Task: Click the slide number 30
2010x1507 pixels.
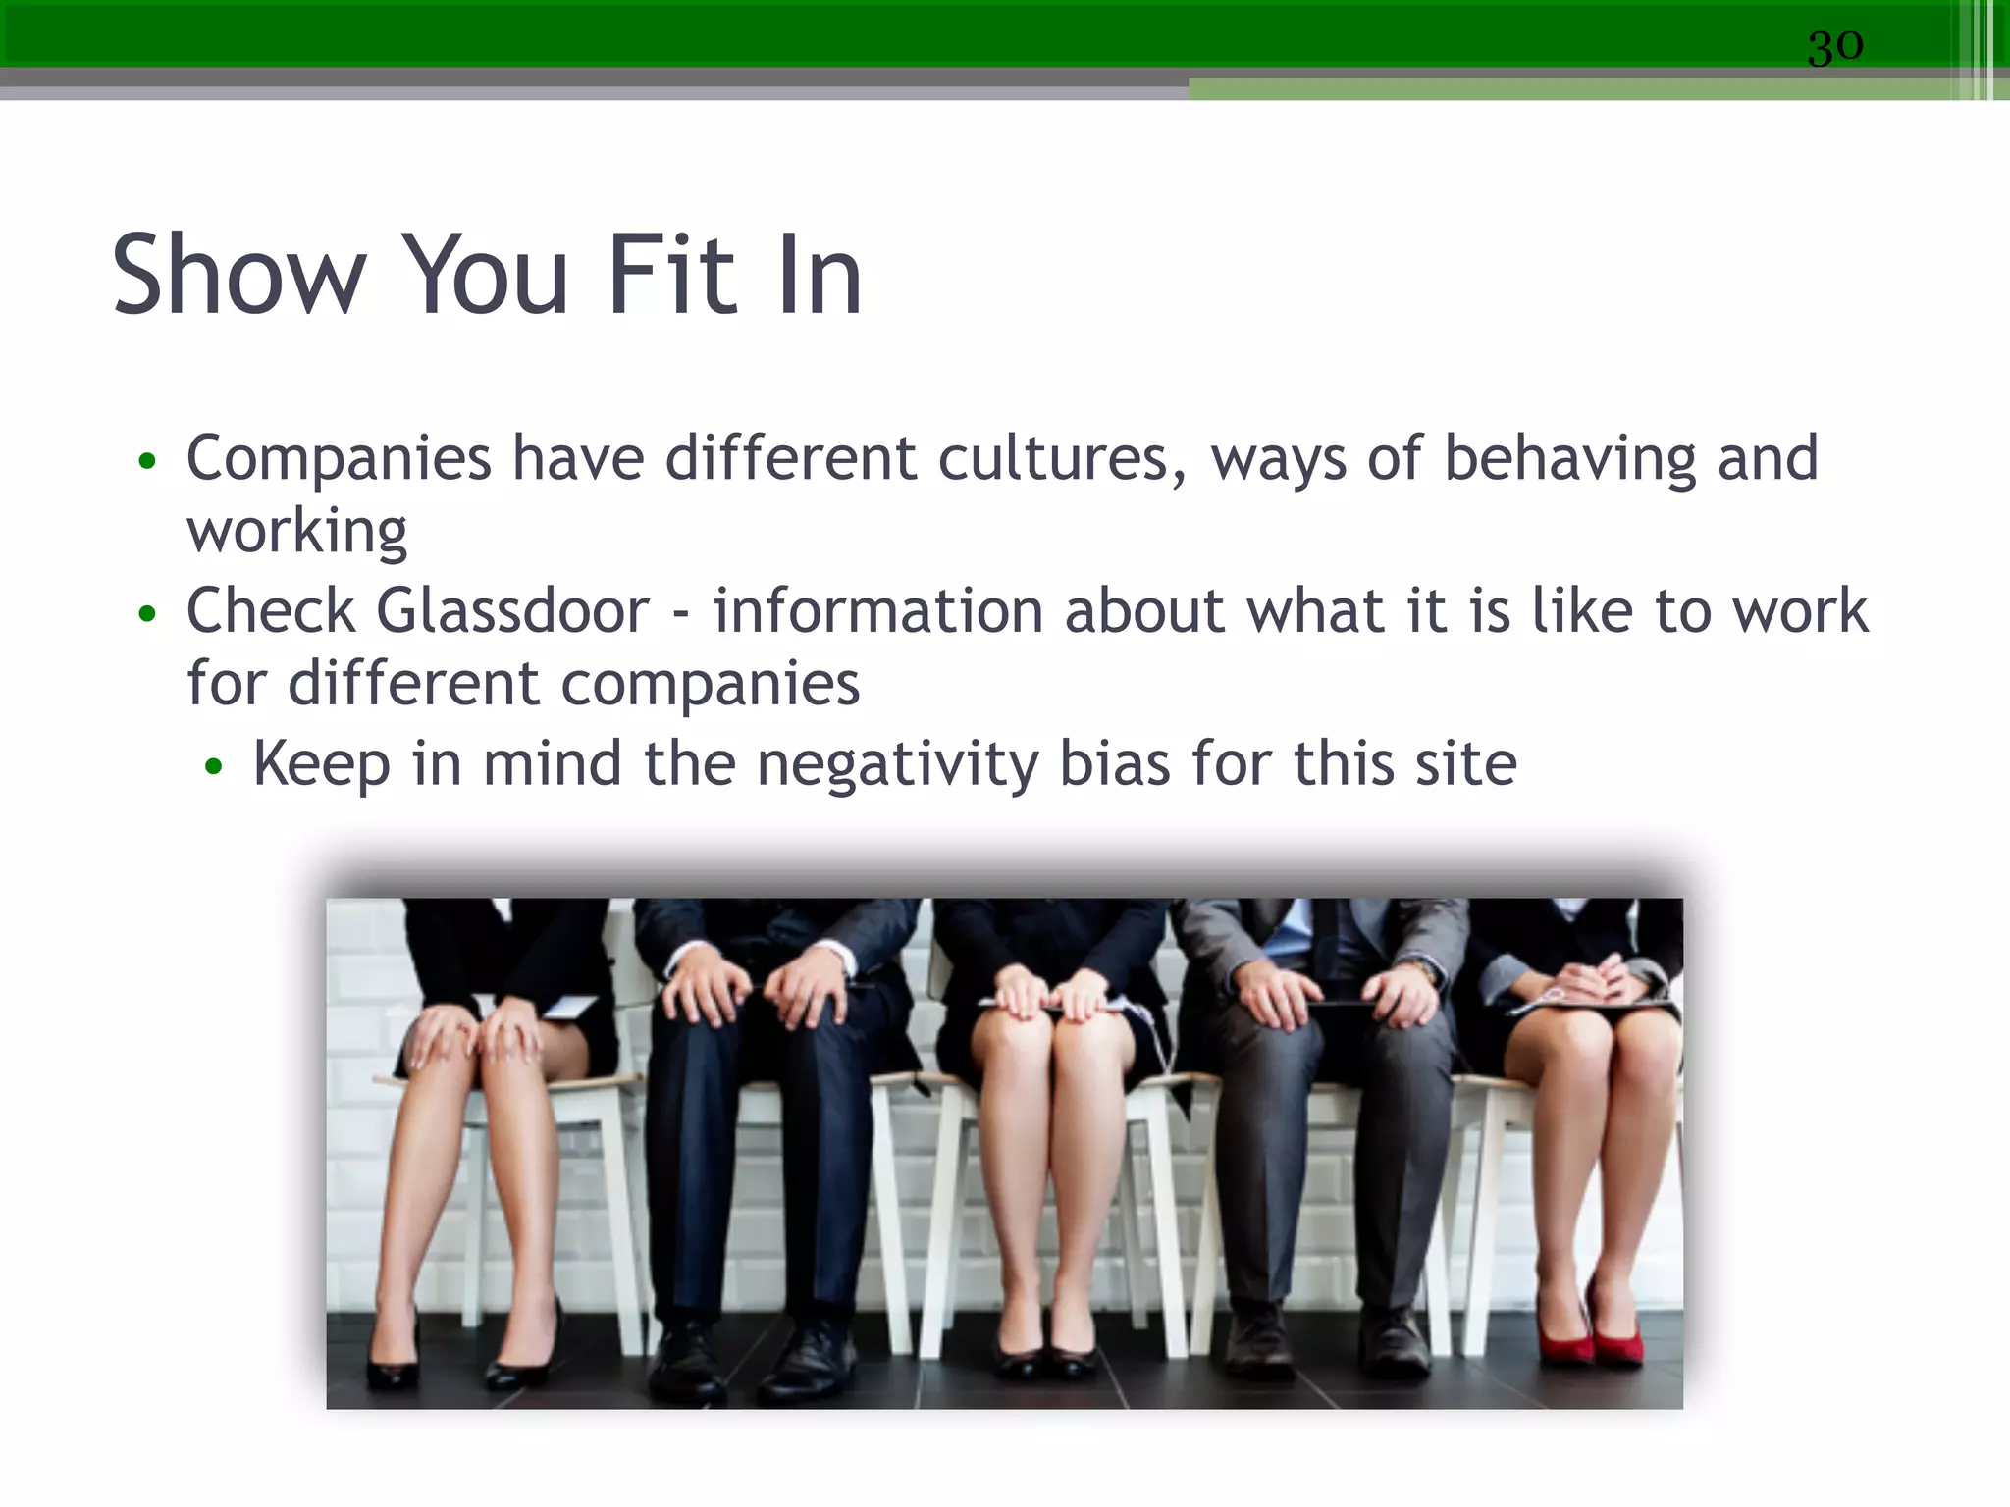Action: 1834,46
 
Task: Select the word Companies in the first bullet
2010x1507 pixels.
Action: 339,459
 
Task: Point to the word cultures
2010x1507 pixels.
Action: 1062,459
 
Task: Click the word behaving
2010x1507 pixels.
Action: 1569,459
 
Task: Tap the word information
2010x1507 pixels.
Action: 878,611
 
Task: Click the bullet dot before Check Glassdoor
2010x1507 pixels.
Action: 147,614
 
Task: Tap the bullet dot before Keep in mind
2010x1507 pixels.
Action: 214,767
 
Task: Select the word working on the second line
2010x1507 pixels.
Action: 296,533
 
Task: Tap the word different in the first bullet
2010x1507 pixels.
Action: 790,459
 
